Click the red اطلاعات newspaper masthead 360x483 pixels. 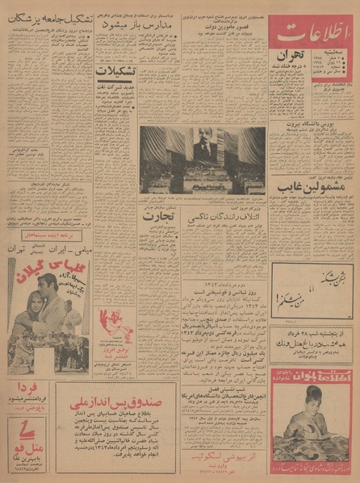[311, 34]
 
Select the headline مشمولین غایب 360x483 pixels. [309, 185]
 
